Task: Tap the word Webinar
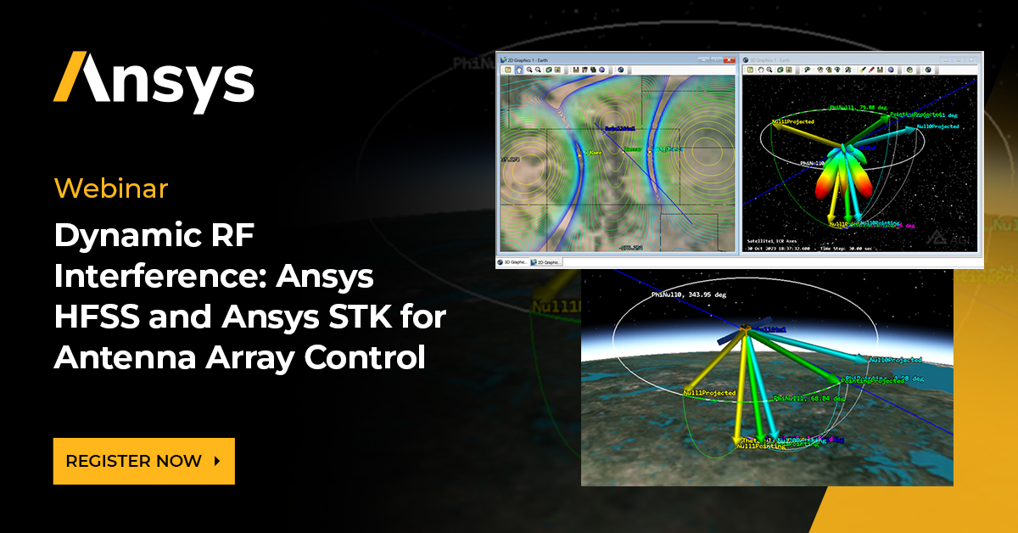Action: click(x=111, y=188)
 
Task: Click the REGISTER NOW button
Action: click(x=143, y=461)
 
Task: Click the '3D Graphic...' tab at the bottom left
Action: click(x=512, y=262)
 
